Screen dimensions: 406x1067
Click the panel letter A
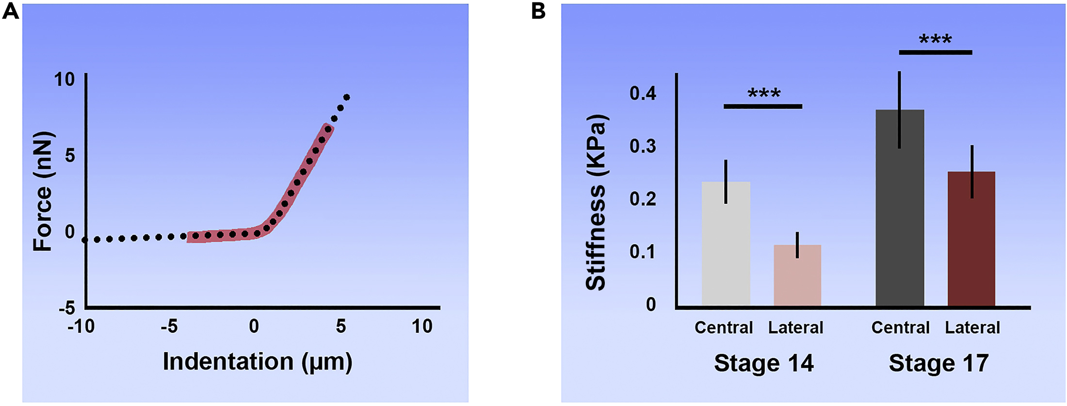pos(10,11)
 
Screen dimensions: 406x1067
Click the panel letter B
pos(538,11)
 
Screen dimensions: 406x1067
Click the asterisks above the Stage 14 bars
pos(764,93)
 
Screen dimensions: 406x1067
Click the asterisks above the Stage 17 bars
pos(935,39)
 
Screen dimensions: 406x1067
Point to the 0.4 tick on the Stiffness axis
pos(643,93)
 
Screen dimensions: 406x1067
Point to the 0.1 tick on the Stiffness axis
pos(643,251)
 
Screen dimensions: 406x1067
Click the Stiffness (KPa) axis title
pos(596,203)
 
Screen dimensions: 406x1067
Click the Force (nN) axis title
pos(43,191)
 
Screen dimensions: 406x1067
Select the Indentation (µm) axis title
pos(257,361)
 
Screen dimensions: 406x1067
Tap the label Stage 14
pos(763,363)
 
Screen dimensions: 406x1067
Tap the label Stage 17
pos(938,363)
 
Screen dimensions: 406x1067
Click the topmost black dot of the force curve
pos(346,97)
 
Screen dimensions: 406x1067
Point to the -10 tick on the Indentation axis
pos(81,326)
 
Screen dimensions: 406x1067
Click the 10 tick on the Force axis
pos(64,79)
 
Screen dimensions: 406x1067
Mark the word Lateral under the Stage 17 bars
pos(972,327)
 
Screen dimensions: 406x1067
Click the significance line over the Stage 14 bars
pos(763,106)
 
